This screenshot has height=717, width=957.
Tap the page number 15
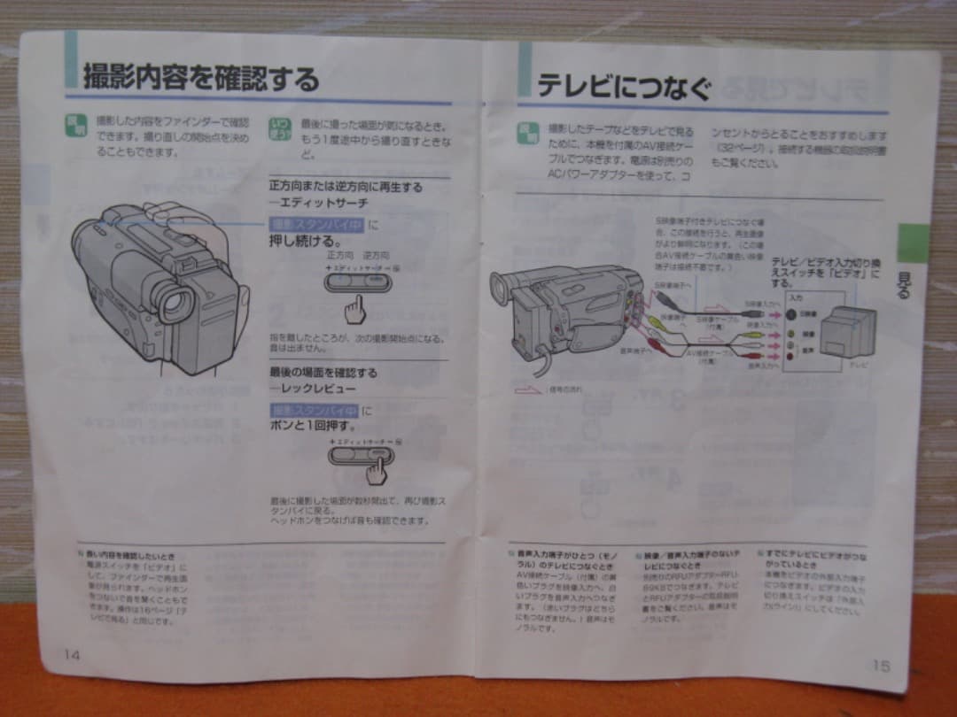[x=880, y=665]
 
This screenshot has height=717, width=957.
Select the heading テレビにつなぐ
[x=624, y=87]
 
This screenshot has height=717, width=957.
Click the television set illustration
[x=846, y=331]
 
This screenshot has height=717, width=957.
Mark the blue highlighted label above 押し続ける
[x=315, y=224]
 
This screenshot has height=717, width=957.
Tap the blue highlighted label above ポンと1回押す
[x=315, y=410]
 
